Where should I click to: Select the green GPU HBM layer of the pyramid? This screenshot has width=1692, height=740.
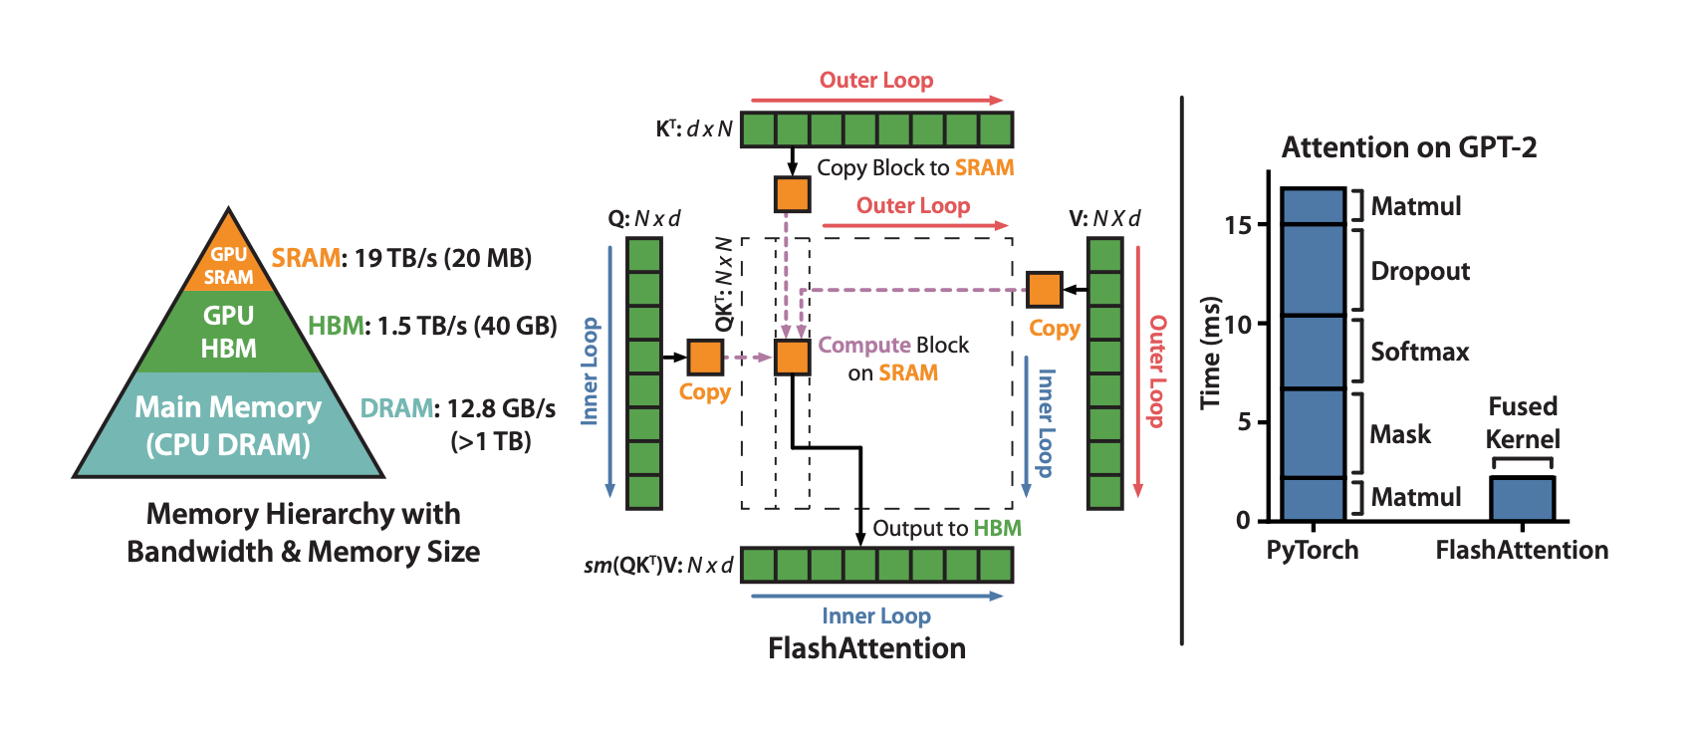coord(229,332)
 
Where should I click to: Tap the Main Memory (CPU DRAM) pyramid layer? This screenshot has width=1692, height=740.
coord(229,425)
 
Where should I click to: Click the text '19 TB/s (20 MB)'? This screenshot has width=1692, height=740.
coord(442,258)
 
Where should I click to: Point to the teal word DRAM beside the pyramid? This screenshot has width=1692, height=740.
coord(396,408)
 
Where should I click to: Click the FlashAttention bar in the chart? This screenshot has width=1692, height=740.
coord(1522,499)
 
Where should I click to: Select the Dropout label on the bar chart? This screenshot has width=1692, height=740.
coord(1420,271)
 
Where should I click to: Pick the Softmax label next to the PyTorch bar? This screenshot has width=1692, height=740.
coord(1419,352)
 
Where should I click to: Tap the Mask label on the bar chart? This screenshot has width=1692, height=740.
coord(1399,434)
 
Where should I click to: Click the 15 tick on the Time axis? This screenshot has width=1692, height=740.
coord(1238,225)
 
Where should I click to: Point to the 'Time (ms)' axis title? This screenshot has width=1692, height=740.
coord(1210,353)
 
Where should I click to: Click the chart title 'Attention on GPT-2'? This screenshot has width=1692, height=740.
coord(1408,147)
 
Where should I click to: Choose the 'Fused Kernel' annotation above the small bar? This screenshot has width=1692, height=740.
coord(1522,422)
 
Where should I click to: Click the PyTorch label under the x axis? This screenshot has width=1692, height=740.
coord(1312,550)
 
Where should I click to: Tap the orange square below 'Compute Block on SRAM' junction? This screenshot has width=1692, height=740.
coord(792,357)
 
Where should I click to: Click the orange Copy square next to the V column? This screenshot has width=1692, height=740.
coord(1044,290)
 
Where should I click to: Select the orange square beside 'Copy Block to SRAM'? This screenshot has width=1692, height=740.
coord(792,194)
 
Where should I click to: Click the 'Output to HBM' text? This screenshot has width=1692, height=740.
coord(946,528)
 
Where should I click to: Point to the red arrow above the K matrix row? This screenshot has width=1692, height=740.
coord(876,101)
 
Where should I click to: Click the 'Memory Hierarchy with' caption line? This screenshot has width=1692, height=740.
coord(303,514)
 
